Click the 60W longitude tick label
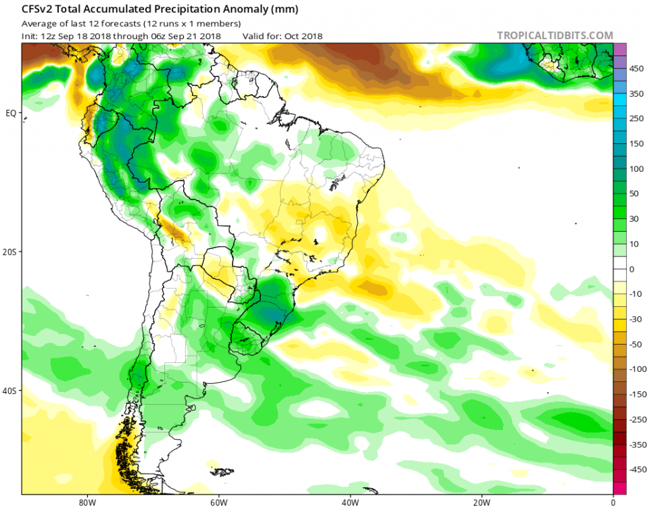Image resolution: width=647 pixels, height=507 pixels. coord(217,502)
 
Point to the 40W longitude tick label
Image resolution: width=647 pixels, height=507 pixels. coord(350,502)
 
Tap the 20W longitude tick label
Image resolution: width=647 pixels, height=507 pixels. coord(481,502)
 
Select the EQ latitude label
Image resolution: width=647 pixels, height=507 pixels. coord(10,113)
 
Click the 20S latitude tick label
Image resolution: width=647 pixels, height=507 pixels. coord(9,251)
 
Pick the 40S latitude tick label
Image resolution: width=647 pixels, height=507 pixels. coord(9,391)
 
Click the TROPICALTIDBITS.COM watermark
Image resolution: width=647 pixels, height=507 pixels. coord(554,36)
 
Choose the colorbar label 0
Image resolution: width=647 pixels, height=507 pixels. coord(633,269)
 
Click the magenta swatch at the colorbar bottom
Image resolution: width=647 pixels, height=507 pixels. coord(620,488)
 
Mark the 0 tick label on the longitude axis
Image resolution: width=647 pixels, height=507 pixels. coord(613,502)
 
